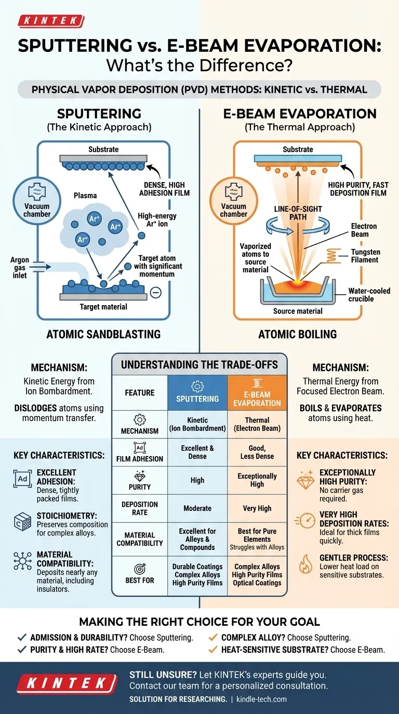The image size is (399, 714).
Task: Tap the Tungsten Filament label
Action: (x=366, y=256)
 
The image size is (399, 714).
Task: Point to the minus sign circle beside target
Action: (x=155, y=293)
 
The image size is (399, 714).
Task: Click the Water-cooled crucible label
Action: (x=369, y=295)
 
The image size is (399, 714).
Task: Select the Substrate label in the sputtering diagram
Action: (x=103, y=149)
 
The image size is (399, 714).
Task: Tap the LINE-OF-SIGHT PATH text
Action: (x=298, y=213)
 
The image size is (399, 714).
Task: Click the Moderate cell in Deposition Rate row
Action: (x=197, y=509)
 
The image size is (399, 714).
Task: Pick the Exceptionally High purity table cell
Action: (x=257, y=480)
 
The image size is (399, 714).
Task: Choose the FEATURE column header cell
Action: (x=139, y=393)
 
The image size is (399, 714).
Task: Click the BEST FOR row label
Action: (x=139, y=580)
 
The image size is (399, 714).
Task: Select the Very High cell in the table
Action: (x=257, y=509)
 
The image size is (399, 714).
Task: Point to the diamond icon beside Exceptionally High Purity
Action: (x=305, y=481)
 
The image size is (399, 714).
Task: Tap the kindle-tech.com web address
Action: (x=261, y=699)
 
